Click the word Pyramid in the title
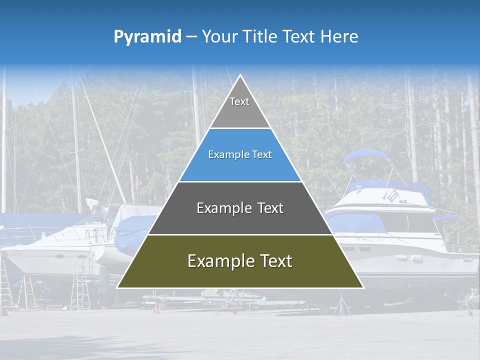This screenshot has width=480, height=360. coord(147,36)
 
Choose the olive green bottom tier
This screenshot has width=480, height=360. coord(240,267)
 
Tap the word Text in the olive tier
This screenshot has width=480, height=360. coord(271,261)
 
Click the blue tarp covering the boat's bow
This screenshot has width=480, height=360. coord(131,232)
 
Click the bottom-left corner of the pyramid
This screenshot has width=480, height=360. coord(117,288)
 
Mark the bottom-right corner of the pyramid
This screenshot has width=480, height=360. coord(363,288)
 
